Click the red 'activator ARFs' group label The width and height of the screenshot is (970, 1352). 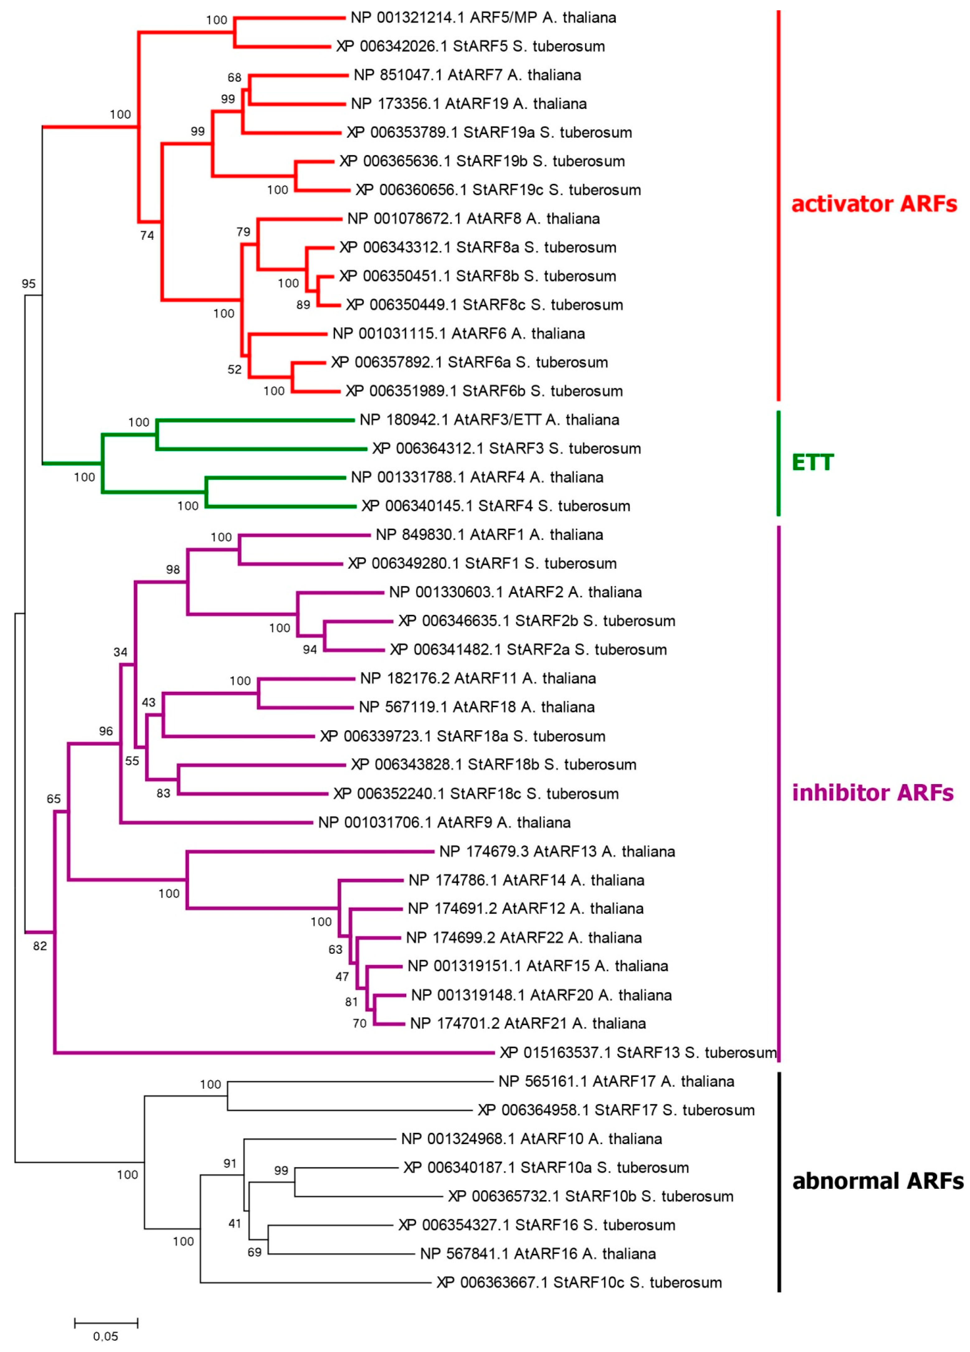point(873,204)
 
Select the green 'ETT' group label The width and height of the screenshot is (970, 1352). point(812,462)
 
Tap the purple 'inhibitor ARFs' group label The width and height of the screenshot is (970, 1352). point(872,792)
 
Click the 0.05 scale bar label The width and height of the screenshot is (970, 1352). point(106,1336)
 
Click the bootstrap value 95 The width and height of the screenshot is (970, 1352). point(29,284)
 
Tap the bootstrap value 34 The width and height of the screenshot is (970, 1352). point(121,652)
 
